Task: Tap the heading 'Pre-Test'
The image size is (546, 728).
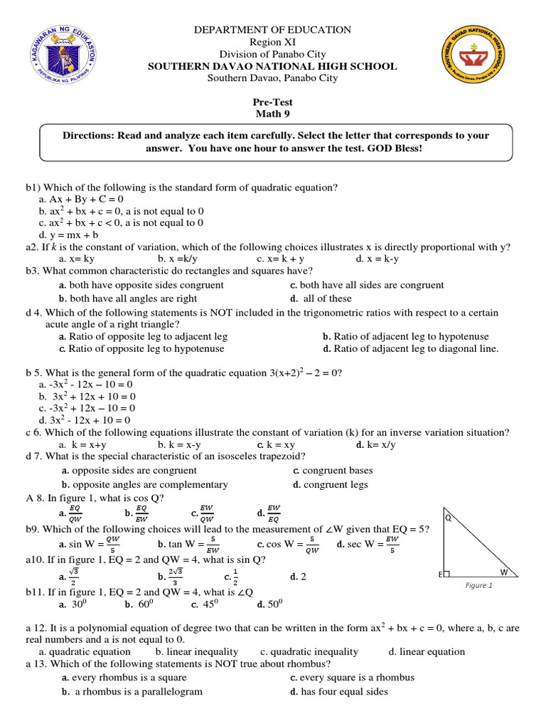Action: [x=273, y=102]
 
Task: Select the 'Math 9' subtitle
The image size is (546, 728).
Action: [x=273, y=114]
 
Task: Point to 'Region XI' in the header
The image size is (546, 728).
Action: [x=273, y=42]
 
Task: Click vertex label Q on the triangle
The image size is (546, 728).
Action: [x=449, y=518]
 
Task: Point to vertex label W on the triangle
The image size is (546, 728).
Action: [x=503, y=572]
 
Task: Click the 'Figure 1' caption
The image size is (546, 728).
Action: [x=478, y=585]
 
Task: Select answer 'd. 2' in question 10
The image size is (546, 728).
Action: [x=298, y=577]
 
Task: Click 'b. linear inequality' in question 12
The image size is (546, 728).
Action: [x=197, y=651]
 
